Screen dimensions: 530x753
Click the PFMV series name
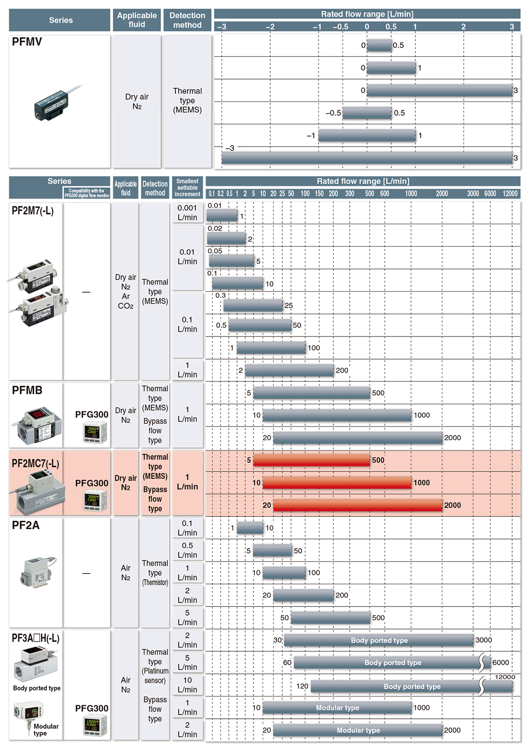[x=27, y=41]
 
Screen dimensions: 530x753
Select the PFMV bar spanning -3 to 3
[x=367, y=158]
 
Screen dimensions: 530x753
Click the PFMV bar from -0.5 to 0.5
[x=367, y=113]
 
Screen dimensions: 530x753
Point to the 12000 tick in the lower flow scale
[x=510, y=194]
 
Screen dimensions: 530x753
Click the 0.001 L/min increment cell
[x=187, y=213]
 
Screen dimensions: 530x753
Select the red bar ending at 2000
[x=358, y=505]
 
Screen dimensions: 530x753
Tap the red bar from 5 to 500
[x=312, y=460]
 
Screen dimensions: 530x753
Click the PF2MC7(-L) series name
[x=35, y=464]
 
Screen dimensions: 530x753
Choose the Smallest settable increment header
[x=187, y=188]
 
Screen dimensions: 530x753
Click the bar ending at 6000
[x=392, y=662]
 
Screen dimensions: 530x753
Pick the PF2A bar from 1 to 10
[x=250, y=528]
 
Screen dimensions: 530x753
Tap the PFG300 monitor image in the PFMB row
[x=95, y=432]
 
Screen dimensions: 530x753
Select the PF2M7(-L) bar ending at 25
[x=253, y=306]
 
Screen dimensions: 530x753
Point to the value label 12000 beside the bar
[x=505, y=677]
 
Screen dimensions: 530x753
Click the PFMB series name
[x=27, y=390]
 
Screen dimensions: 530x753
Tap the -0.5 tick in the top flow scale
[x=341, y=27]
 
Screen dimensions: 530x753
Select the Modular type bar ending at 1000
[x=337, y=708]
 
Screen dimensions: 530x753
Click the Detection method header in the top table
[x=187, y=20]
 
